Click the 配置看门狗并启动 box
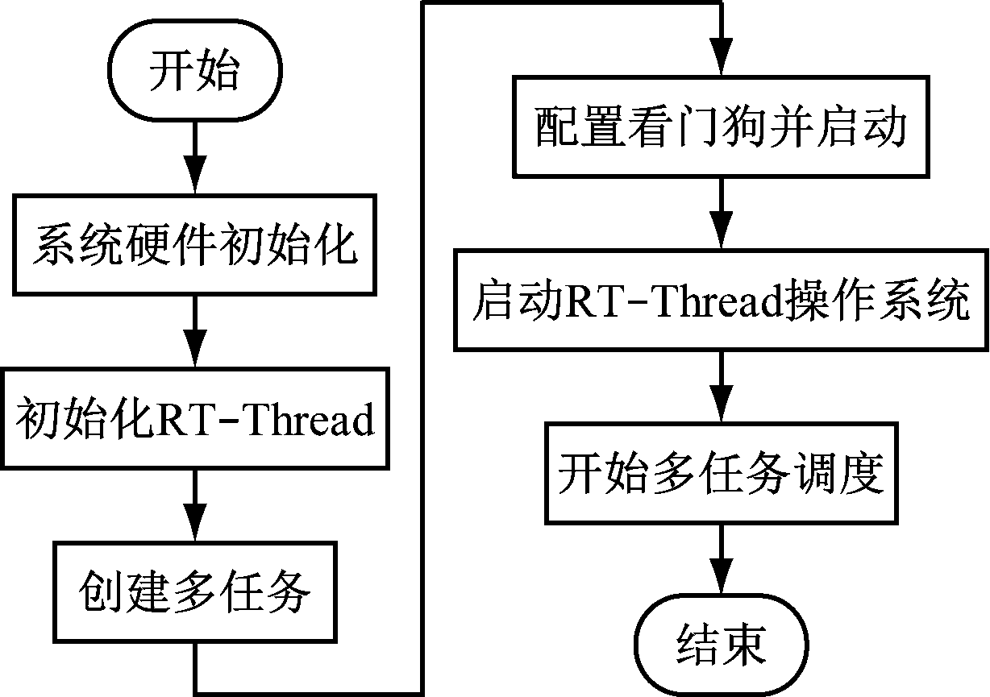click(x=720, y=127)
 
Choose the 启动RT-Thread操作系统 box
click(x=720, y=301)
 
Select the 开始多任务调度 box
click(x=720, y=474)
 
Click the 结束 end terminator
click(x=720, y=645)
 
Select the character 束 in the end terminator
click(x=742, y=645)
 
